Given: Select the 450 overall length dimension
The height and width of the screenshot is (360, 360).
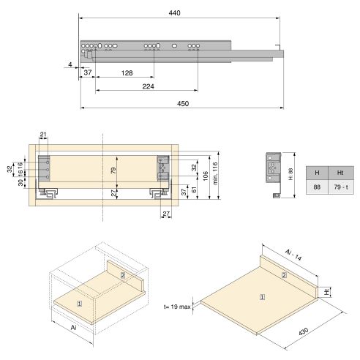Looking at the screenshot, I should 182,104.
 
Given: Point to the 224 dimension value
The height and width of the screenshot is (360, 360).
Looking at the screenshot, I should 148,86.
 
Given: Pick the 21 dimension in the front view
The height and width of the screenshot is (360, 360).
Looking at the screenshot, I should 43,134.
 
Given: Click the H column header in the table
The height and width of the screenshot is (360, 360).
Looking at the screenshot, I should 317,172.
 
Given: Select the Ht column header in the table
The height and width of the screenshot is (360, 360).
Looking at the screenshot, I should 340,172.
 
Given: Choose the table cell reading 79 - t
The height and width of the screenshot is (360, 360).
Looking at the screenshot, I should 340,188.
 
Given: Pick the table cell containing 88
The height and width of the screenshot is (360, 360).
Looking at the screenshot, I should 317,188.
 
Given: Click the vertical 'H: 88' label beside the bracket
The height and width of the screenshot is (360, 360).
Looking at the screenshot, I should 290,165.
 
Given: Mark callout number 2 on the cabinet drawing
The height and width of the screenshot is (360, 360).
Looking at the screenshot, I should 123,274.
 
